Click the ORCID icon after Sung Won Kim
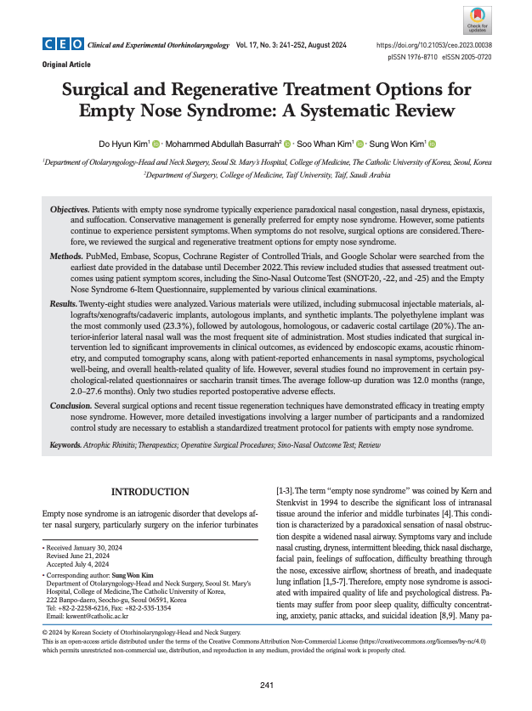[x=433, y=144]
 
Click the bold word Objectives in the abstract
[x=69, y=209]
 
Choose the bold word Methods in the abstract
[x=65, y=256]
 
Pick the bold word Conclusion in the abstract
[x=71, y=406]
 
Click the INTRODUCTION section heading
[x=150, y=492]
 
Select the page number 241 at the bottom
[x=265, y=685]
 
